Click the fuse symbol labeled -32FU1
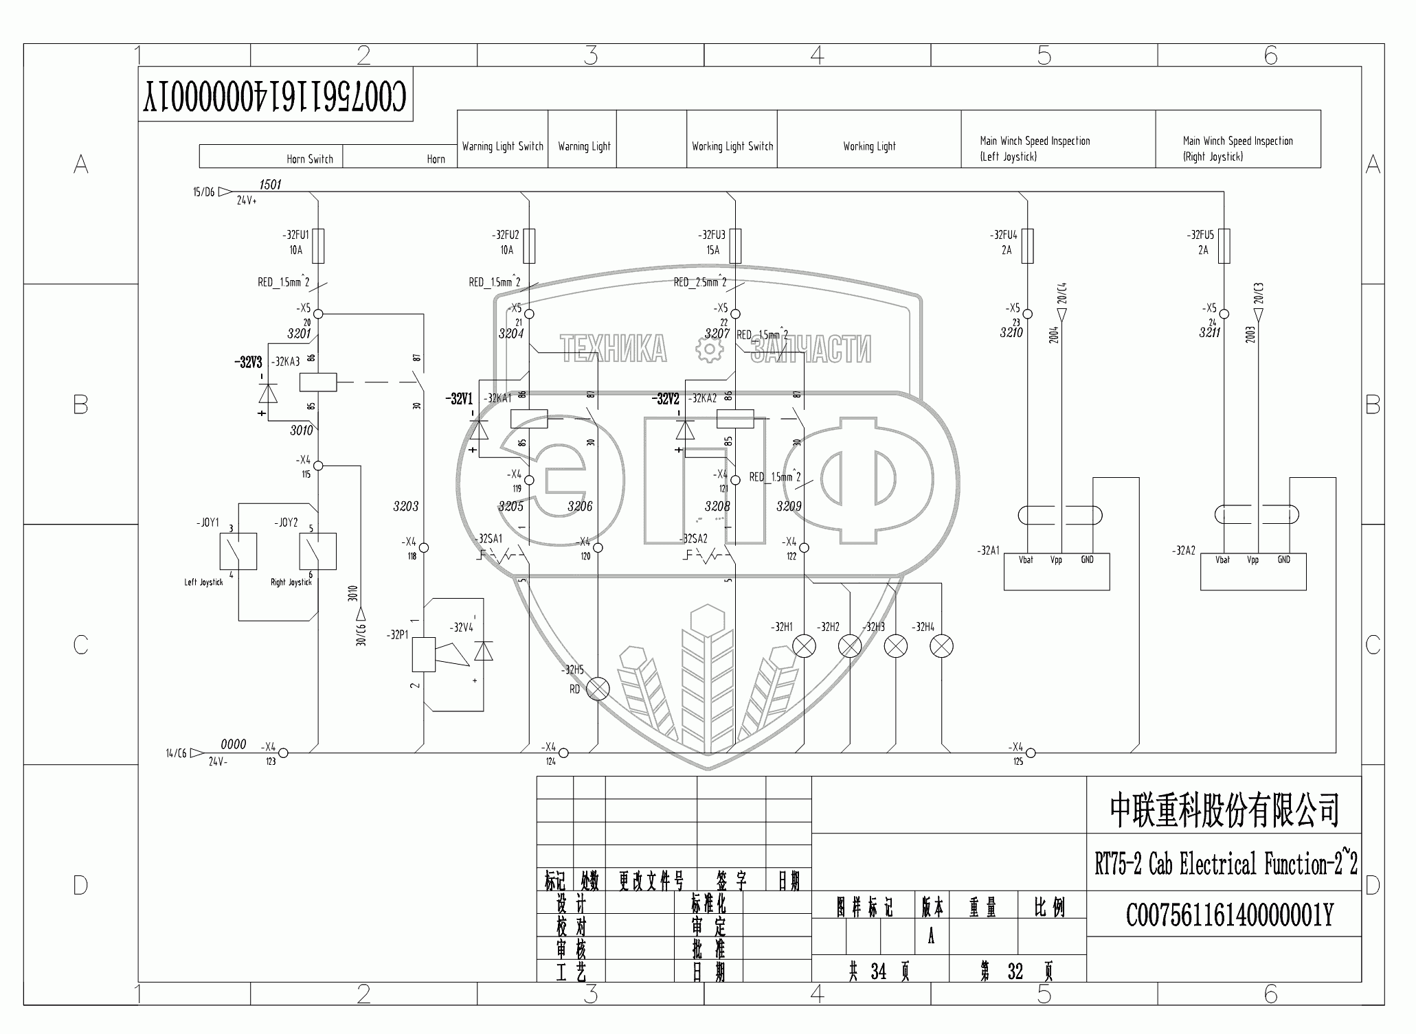click(318, 246)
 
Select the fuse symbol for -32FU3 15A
click(736, 246)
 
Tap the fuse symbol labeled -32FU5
click(1224, 246)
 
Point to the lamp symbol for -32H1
click(805, 646)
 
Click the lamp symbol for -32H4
click(942, 646)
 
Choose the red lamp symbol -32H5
click(598, 689)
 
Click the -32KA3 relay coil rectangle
click(318, 382)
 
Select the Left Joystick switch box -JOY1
click(238, 551)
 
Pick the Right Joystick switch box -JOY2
click(318, 551)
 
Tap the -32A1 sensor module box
click(1057, 571)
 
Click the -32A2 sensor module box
click(1253, 571)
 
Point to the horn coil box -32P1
click(423, 654)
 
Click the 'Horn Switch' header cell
click(271, 157)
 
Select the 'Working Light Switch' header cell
click(732, 146)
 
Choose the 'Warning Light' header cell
click(584, 146)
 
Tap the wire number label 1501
click(270, 184)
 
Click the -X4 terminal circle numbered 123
click(283, 753)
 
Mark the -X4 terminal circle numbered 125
click(1031, 753)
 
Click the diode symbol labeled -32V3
click(268, 393)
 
